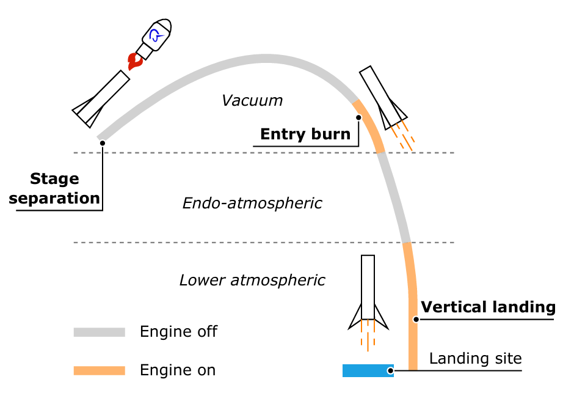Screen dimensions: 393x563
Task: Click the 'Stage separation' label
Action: [x=55, y=189]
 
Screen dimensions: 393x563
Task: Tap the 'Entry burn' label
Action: [x=305, y=134]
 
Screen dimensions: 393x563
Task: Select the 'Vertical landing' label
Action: [x=488, y=307]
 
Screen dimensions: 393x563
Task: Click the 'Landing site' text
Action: [x=475, y=358]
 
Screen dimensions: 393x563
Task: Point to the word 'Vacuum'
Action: [x=252, y=101]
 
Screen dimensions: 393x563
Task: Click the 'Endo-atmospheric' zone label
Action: [x=252, y=204]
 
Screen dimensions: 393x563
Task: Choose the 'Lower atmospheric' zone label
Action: [x=252, y=281]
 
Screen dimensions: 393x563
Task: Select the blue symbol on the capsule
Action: [x=157, y=35]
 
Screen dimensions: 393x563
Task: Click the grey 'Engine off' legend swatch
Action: [x=99, y=332]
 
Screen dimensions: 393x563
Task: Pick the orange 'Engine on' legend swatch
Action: [x=99, y=370]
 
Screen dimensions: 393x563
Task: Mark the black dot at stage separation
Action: [x=102, y=143]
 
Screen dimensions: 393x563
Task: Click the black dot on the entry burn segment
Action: [x=358, y=117]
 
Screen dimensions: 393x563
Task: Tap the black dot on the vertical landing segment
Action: [x=415, y=319]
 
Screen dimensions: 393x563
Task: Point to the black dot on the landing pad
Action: [x=390, y=370]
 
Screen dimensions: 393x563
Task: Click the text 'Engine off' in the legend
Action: [x=178, y=332]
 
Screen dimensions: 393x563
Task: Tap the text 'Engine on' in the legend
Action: [x=178, y=370]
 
